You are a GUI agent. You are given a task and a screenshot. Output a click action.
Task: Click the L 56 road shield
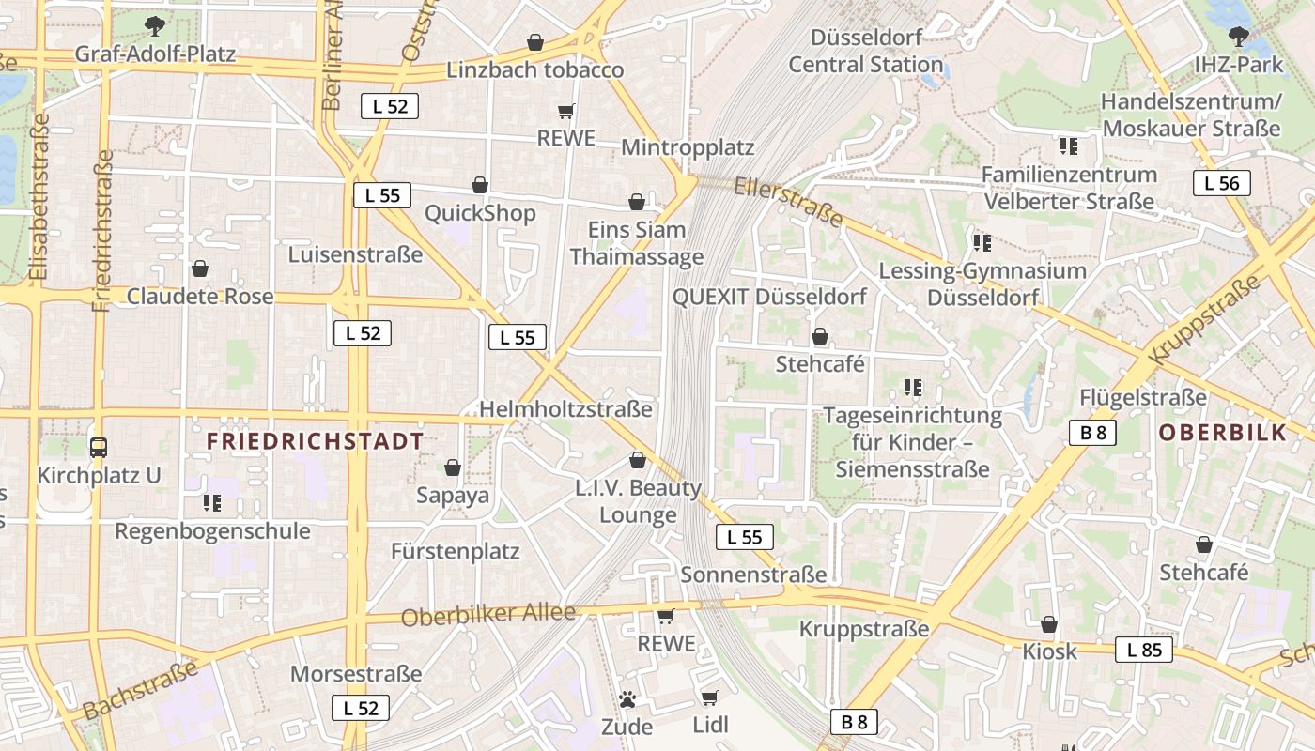[x=1221, y=184]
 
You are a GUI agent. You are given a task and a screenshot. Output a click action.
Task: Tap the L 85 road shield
[x=1143, y=650]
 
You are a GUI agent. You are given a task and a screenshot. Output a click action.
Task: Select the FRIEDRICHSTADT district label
[x=315, y=441]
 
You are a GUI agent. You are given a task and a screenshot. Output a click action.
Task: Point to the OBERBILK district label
[x=1222, y=433]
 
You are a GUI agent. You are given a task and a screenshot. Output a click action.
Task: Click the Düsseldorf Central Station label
[x=865, y=52]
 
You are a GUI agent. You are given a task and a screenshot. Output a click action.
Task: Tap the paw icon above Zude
[x=627, y=699]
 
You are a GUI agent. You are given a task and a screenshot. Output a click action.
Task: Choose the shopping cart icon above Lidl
[x=709, y=697]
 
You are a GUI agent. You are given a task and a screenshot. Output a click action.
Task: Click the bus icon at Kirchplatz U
[x=99, y=448]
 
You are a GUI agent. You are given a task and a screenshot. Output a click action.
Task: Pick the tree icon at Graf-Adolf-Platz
[x=155, y=25]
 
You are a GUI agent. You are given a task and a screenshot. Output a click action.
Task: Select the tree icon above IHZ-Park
[x=1238, y=38]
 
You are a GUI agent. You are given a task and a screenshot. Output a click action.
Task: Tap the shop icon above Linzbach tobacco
[x=534, y=42]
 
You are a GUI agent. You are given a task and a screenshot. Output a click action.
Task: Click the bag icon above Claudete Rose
[x=199, y=269]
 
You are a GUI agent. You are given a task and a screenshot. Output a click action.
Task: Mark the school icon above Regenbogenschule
[x=212, y=503]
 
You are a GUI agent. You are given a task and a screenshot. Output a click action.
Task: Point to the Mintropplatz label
[x=688, y=148]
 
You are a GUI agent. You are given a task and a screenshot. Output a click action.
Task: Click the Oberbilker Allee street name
[x=487, y=615]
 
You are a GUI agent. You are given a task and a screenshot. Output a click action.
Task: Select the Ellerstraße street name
[x=788, y=201]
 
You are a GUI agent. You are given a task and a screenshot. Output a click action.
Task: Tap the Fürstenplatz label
[x=455, y=551]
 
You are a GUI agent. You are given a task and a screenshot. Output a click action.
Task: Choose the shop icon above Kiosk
[x=1049, y=624]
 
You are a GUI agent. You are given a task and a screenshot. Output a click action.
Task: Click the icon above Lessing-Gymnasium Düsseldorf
[x=982, y=243]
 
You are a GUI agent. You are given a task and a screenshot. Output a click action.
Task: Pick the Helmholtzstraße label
[x=565, y=409]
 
